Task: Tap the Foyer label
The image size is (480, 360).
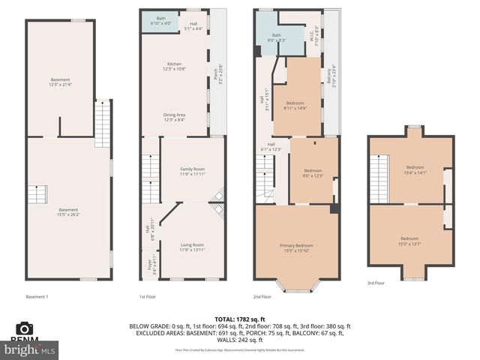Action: click(x=148, y=265)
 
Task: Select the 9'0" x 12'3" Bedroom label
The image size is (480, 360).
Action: click(x=311, y=173)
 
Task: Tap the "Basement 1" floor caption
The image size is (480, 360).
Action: click(x=37, y=296)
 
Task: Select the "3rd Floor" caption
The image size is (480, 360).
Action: click(x=376, y=283)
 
